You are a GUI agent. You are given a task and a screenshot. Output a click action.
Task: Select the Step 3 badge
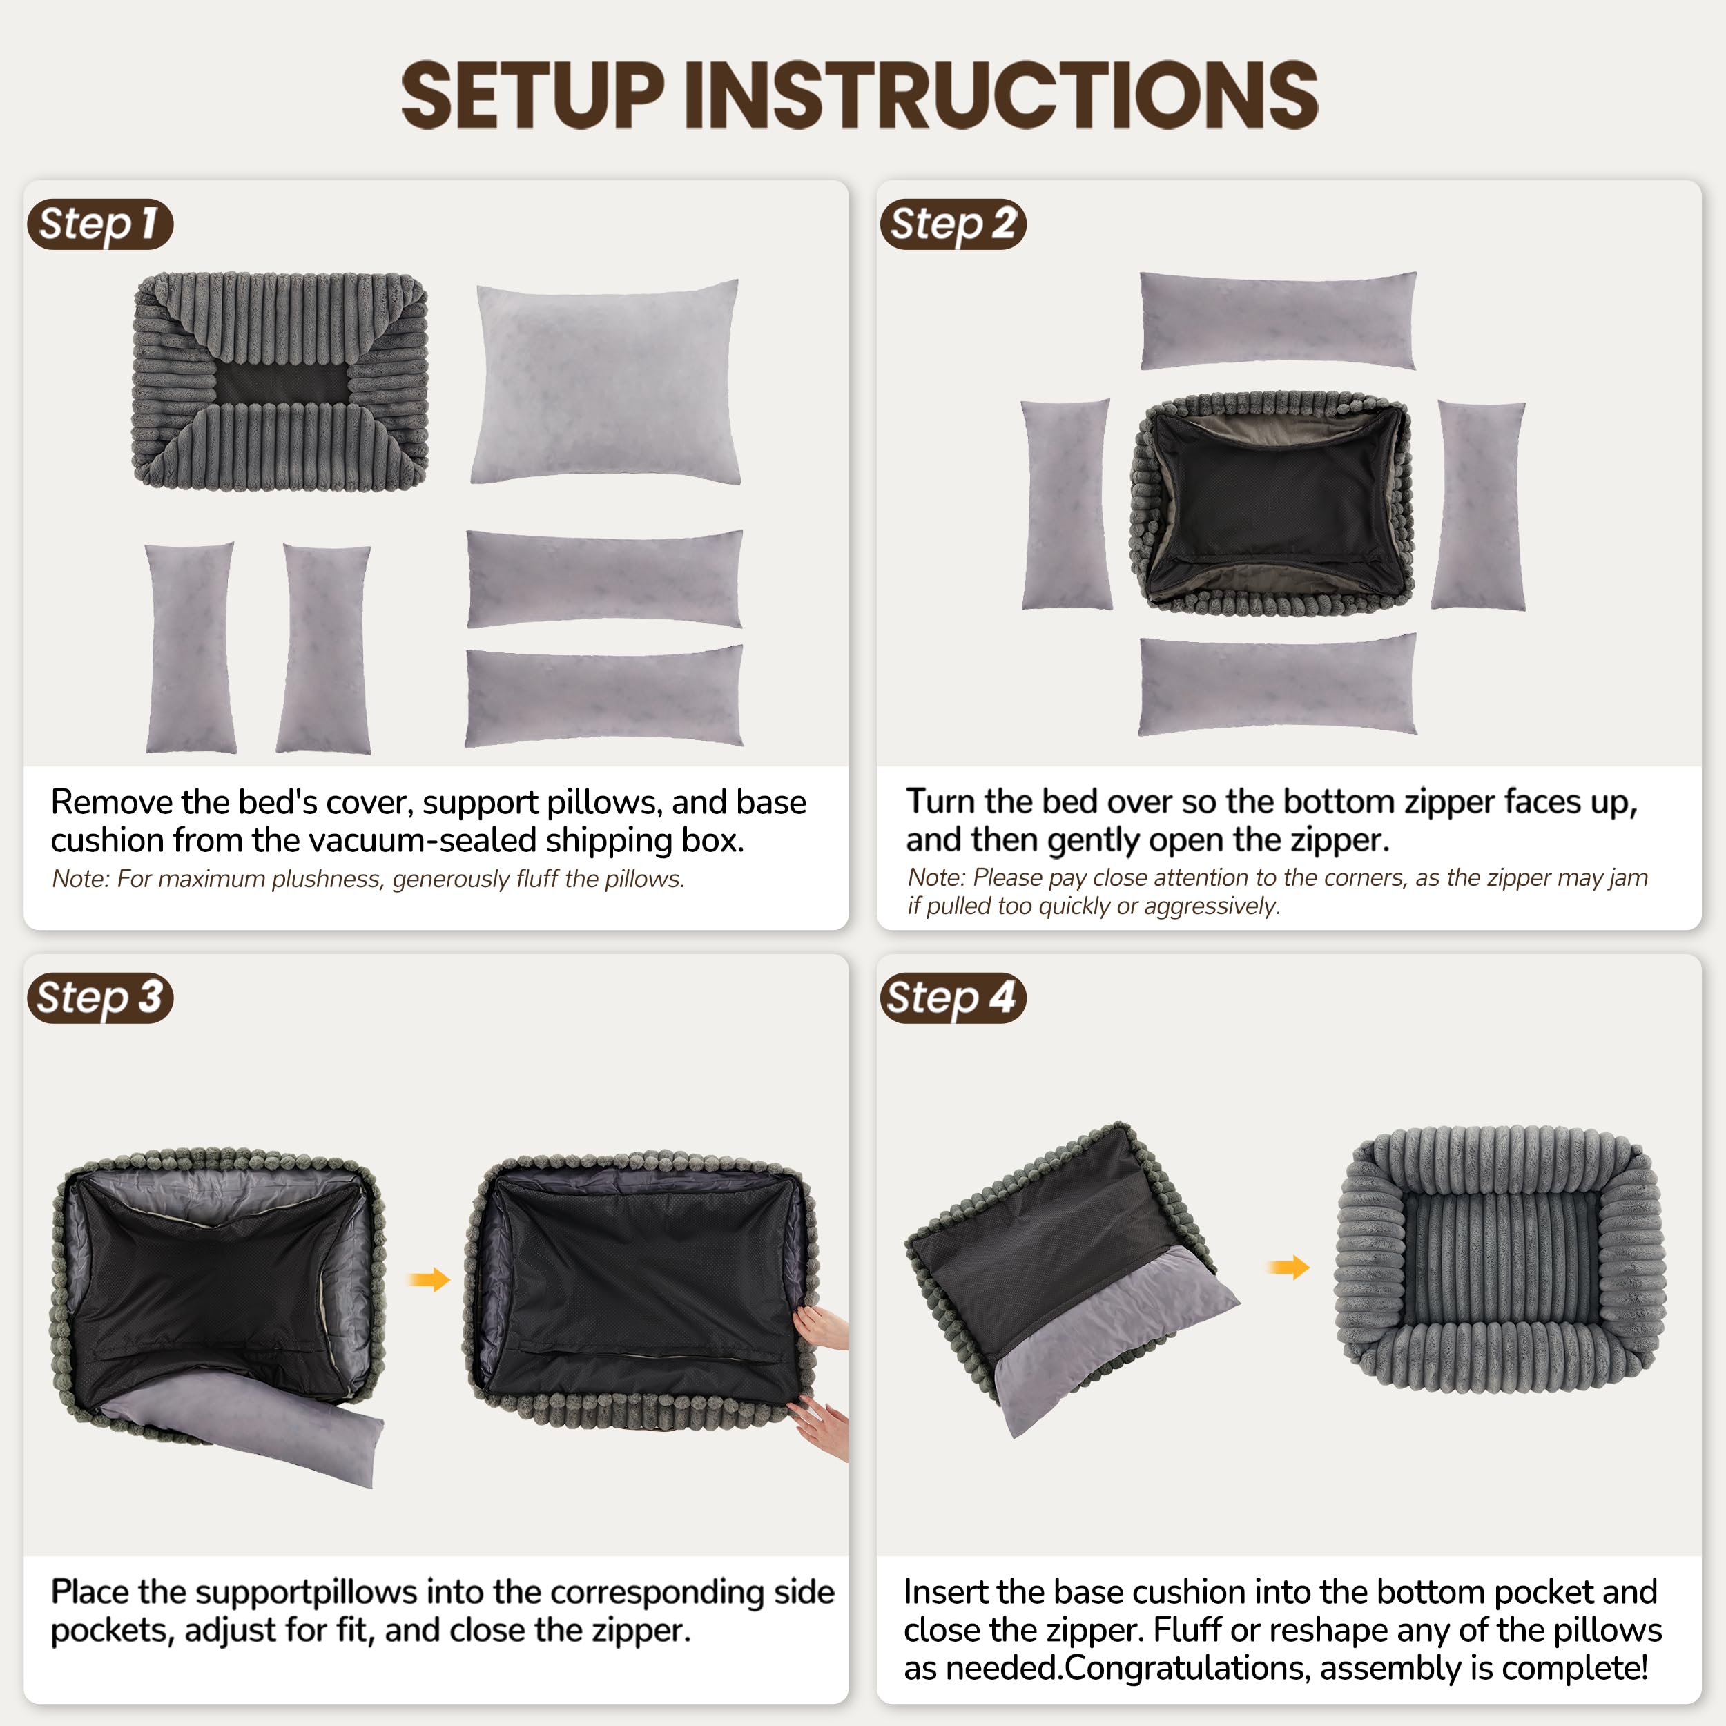pos(99,997)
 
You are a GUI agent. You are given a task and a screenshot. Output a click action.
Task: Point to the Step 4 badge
pos(952,997)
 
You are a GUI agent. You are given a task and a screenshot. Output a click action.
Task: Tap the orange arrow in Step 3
pos(429,1279)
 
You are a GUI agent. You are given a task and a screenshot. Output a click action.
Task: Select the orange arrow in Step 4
pos(1288,1267)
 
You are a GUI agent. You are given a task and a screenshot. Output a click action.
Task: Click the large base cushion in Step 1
pos(605,382)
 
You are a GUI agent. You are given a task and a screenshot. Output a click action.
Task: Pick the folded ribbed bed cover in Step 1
pos(280,382)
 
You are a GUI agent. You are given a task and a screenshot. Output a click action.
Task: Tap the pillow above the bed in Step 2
pos(1277,320)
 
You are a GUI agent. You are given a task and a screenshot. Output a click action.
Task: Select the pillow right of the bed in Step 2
pos(1479,505)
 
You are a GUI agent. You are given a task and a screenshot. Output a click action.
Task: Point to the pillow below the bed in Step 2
pos(1277,684)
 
